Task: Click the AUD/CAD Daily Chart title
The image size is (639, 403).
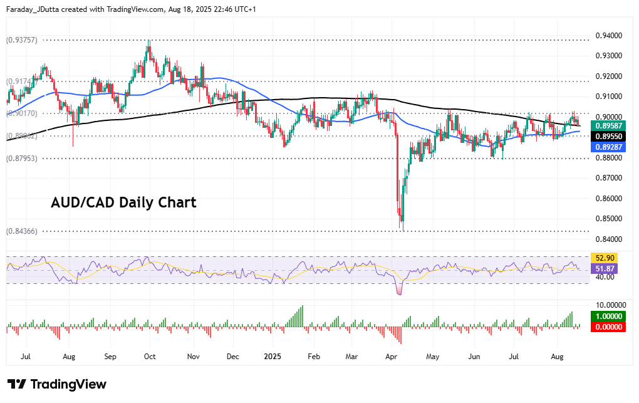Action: (123, 202)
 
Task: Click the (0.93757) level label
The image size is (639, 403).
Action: (23, 39)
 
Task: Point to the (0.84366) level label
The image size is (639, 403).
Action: (23, 231)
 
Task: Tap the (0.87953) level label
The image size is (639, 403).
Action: (23, 159)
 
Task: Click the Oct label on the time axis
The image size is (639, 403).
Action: (150, 356)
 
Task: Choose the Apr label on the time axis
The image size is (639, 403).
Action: (392, 356)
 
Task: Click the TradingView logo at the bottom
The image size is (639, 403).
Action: (57, 384)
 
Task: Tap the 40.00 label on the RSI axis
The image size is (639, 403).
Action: (604, 277)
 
